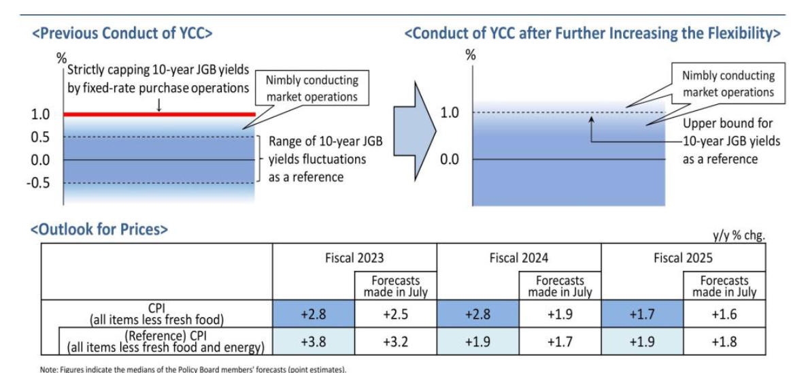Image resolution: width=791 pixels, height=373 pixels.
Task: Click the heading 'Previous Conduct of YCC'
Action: click(x=122, y=33)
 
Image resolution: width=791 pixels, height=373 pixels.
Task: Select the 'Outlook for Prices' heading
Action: click(x=99, y=229)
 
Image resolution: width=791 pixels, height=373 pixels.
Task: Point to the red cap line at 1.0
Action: click(x=159, y=114)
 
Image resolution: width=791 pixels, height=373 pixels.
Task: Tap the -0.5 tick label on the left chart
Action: click(x=38, y=182)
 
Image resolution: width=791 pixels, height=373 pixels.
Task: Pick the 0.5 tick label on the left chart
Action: click(x=41, y=137)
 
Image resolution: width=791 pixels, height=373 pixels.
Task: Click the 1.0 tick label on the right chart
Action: click(x=450, y=113)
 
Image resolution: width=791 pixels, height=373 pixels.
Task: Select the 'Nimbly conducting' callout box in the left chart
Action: click(x=312, y=88)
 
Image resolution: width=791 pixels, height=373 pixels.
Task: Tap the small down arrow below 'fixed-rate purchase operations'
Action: click(x=159, y=104)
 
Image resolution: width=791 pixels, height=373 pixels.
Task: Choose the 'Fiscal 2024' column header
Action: click(x=518, y=259)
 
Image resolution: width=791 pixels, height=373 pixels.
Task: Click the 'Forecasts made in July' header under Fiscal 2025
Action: click(x=724, y=286)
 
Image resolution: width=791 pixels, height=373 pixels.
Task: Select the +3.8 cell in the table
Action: click(x=314, y=342)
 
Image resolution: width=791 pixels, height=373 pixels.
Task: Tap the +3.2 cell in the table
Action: click(x=396, y=342)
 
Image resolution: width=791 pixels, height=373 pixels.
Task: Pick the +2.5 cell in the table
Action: click(x=396, y=314)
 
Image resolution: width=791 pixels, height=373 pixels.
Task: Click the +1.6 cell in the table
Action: click(x=724, y=314)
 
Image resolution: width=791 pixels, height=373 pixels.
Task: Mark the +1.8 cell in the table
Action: click(x=724, y=342)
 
